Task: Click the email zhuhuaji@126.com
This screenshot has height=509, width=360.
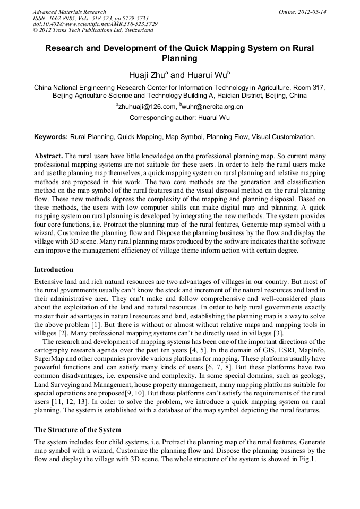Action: [147, 107]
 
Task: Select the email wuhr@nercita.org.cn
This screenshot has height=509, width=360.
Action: [212, 107]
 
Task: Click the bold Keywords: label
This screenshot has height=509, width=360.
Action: [51, 137]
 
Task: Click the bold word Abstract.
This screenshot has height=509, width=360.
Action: [48, 157]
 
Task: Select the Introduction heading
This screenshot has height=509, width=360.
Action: [54, 270]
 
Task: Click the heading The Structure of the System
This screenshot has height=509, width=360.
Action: [78, 429]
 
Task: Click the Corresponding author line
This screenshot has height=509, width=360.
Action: [179, 117]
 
